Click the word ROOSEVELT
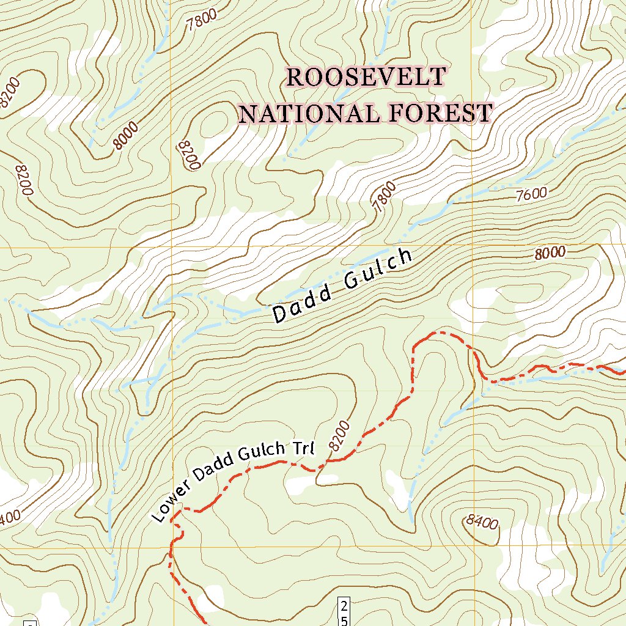coord(366,77)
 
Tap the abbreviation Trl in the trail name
coord(303,449)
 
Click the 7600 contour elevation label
coord(531,195)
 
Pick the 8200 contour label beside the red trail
coord(340,435)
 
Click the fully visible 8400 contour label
coord(481,521)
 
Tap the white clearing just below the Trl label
coord(304,484)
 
